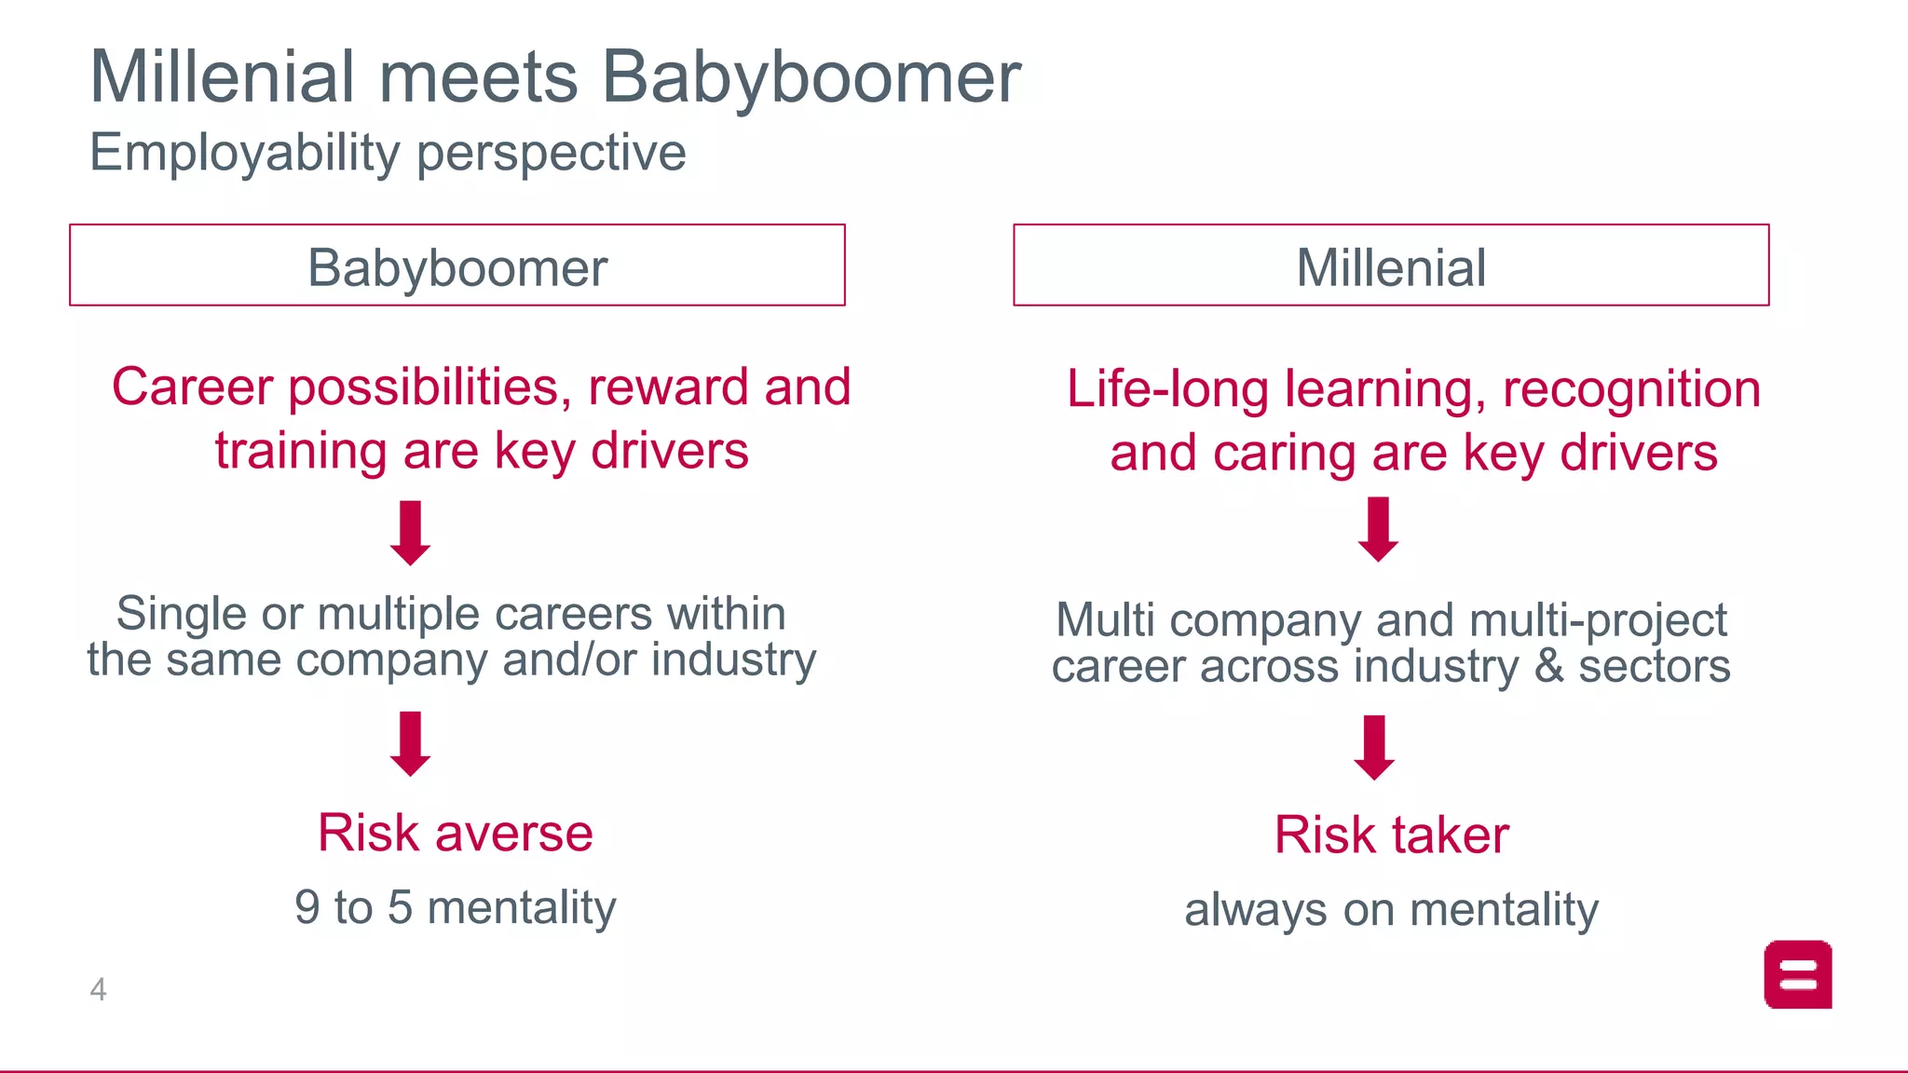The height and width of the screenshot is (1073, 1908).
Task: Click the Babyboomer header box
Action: (457, 265)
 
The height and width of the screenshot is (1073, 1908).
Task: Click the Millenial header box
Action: (1390, 265)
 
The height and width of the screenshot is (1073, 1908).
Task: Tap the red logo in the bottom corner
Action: (1797, 974)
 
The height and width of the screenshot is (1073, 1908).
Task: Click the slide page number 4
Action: (98, 989)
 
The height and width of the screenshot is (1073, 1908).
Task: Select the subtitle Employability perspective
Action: (388, 152)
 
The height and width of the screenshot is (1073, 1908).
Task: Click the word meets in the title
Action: (478, 77)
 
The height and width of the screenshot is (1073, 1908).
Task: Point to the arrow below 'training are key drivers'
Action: (410, 533)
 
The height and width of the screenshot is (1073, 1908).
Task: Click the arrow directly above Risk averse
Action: (410, 743)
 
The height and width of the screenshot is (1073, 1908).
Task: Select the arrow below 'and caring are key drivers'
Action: (1378, 529)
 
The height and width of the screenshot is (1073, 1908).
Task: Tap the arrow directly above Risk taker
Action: (1374, 747)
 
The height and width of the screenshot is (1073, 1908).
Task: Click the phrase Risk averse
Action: (455, 833)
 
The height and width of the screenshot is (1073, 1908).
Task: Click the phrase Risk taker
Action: (1391, 835)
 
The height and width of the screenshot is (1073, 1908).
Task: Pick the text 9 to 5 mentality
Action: (455, 907)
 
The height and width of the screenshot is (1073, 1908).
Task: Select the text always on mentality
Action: (1391, 910)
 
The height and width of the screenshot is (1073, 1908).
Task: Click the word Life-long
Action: (1167, 389)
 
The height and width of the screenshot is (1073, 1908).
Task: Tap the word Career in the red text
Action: (192, 387)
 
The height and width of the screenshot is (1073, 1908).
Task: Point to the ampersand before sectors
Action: (1548, 667)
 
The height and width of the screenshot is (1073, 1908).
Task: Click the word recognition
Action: (1631, 389)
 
